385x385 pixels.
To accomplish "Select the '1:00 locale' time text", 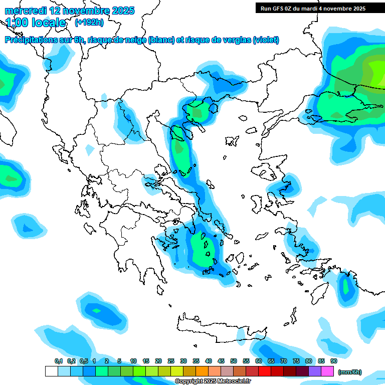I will pyautogui.click(x=36, y=23).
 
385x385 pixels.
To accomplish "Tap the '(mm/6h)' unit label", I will pyautogui.click(x=349, y=372).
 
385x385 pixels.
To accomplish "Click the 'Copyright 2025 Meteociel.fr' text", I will pyautogui.click(x=213, y=381).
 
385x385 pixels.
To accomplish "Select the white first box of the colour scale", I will pyautogui.click(x=51, y=371).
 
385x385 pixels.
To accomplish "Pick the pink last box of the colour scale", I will pyautogui.click(x=327, y=371).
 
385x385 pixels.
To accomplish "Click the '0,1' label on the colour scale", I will pyautogui.click(x=58, y=361).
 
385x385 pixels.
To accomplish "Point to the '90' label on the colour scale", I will pyautogui.click(x=334, y=361).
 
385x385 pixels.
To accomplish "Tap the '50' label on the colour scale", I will pyautogui.click(x=234, y=361).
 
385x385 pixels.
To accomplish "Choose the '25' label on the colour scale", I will pyautogui.click(x=171, y=361).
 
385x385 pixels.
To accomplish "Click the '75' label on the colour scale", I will pyautogui.click(x=296, y=361).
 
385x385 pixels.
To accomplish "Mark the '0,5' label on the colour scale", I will pyautogui.click(x=83, y=361).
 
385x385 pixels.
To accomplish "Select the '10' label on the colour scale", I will pyautogui.click(x=133, y=361).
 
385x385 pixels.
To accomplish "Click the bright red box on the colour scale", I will pyautogui.click(x=265, y=371).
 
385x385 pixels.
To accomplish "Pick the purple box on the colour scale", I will pyautogui.click(x=315, y=371).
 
